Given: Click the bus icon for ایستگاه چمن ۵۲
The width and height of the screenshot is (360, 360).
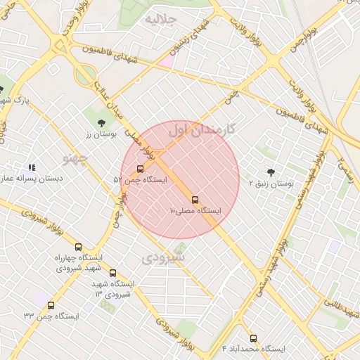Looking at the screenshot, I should (140, 169).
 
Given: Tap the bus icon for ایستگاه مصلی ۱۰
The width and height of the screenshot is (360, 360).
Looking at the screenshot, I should (195, 200).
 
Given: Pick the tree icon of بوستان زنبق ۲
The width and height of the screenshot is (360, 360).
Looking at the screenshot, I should (271, 172).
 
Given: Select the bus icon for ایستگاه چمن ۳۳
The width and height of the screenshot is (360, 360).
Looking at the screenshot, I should (51, 305).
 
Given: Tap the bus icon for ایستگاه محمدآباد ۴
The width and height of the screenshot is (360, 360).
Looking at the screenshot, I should (253, 338).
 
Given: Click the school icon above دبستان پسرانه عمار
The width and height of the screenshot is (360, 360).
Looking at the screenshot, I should (31, 167).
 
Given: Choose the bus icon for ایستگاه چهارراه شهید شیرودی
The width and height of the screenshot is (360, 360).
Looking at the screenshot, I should (78, 247).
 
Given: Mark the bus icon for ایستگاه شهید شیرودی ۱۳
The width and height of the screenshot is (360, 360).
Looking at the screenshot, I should (112, 273).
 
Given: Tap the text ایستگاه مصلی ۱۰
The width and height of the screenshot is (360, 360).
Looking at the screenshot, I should (195, 211).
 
